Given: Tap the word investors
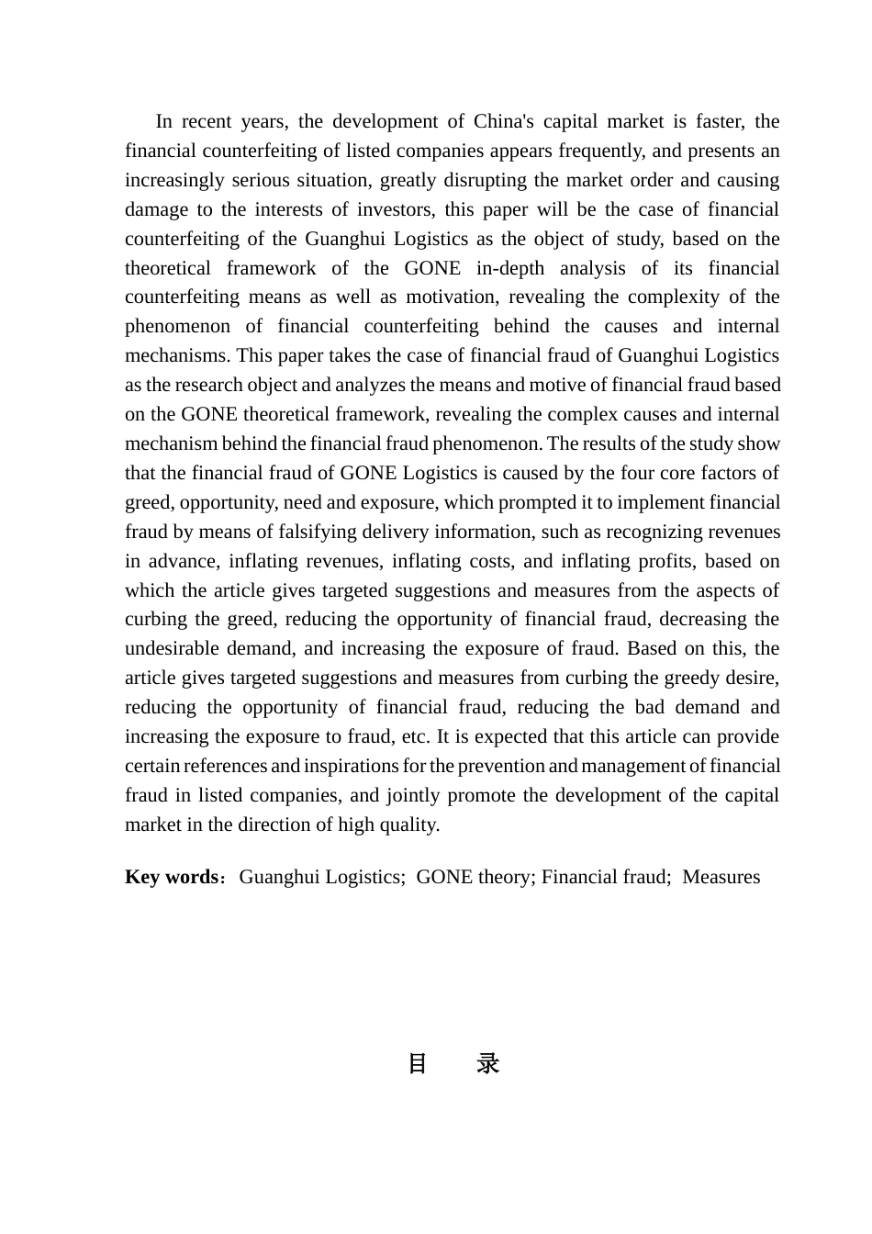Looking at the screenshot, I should pos(392,209).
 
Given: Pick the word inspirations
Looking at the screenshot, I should pos(353,766).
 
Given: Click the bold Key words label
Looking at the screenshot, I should pos(172,877).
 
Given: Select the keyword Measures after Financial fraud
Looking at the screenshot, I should pos(721,877).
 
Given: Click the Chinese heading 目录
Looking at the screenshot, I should pos(453,1063).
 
